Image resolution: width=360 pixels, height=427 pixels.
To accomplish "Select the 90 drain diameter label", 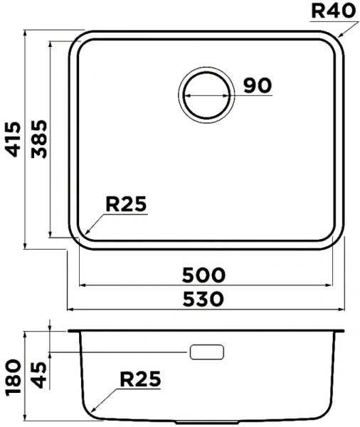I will point(258,85).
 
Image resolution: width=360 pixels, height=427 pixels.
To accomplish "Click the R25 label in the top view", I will point(125,205).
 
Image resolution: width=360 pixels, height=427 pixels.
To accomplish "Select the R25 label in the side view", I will point(139,379).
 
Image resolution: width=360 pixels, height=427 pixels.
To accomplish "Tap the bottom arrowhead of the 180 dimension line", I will point(26,419).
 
